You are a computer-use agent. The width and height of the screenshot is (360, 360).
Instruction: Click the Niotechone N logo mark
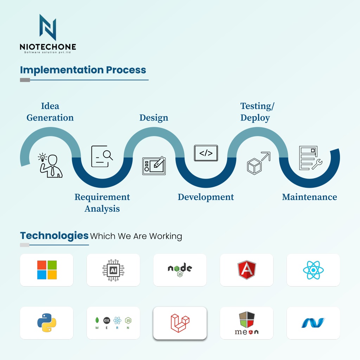point(48,27)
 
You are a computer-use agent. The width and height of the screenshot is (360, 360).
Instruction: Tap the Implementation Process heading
point(83,70)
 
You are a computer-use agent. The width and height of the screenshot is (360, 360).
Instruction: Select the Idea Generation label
point(50,112)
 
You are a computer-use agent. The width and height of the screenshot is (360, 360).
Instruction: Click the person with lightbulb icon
point(50,165)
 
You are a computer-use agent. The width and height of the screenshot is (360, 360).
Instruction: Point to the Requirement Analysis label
point(102,202)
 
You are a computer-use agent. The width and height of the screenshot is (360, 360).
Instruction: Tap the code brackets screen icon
point(206,153)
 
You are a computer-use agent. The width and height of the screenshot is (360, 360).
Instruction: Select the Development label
point(206,197)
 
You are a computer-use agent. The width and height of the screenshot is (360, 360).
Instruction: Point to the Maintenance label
point(309,197)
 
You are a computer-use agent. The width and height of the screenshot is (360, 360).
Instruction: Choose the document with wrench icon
point(310,158)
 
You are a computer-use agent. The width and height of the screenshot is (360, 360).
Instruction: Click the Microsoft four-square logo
point(47,270)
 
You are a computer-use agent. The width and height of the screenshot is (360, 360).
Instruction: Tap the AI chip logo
point(113,270)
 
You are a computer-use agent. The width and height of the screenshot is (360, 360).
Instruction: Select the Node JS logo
point(180,270)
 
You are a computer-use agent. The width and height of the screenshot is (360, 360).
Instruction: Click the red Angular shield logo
point(246,270)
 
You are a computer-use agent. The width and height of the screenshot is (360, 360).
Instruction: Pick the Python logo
point(47,323)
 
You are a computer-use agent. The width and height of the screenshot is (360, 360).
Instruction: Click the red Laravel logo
point(180,323)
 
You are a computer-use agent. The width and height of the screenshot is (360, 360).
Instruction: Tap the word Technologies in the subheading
point(54,235)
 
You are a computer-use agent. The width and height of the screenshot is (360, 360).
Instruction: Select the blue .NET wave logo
point(313,323)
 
